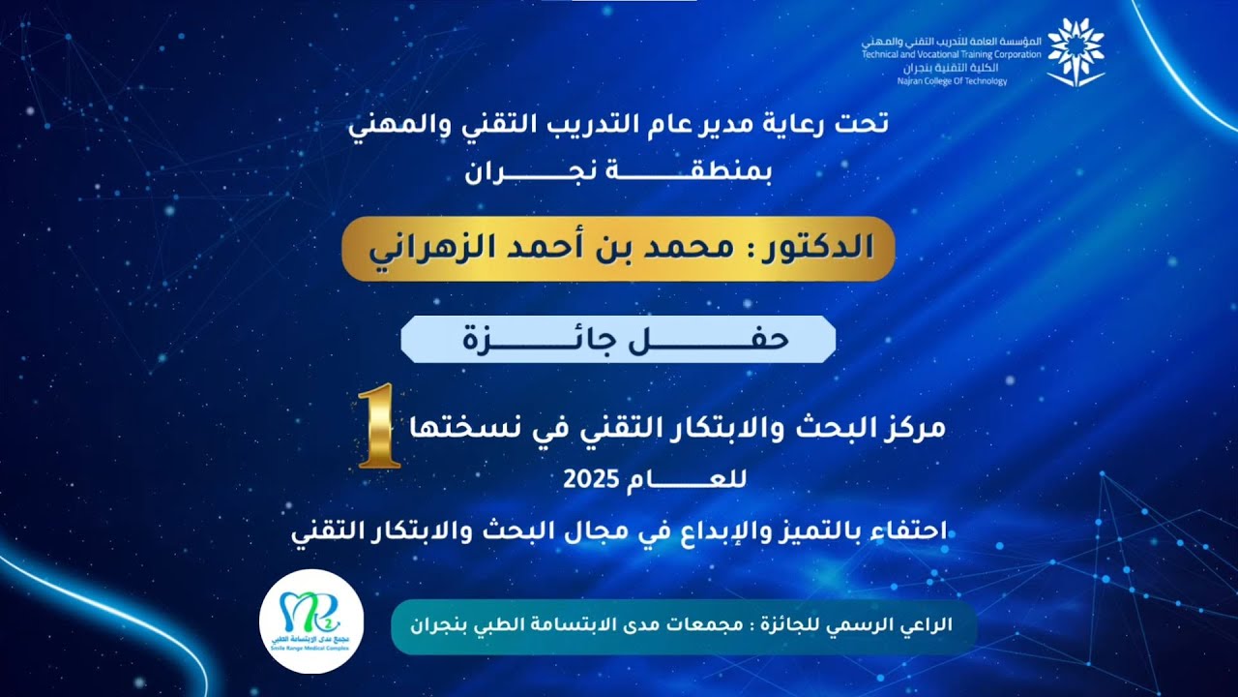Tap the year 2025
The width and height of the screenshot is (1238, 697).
click(x=587, y=478)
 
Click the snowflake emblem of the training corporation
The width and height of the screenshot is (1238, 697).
click(x=1076, y=48)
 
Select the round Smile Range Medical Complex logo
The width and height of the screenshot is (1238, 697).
click(x=311, y=621)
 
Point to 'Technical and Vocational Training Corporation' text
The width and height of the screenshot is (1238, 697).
click(x=952, y=55)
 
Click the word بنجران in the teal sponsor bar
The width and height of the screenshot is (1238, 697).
click(x=442, y=625)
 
